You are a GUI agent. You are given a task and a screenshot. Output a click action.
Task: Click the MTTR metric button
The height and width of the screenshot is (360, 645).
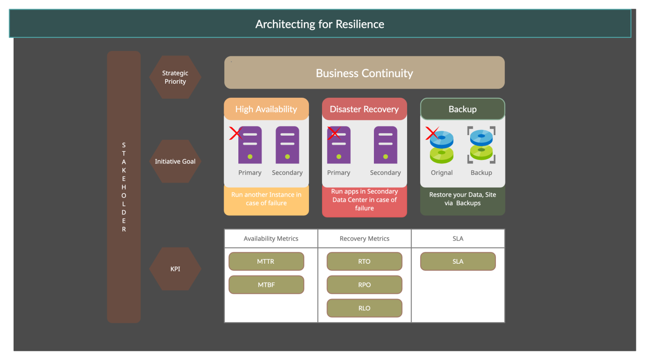point(266,262)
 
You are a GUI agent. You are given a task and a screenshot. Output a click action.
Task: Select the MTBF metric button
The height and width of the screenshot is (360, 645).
point(266,285)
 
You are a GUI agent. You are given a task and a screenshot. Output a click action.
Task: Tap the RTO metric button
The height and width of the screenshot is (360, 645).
point(364,262)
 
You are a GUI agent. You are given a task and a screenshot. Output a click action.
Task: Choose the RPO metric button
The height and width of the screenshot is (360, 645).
point(364,285)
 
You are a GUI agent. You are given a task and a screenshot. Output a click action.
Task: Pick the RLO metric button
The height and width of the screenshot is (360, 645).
point(364,308)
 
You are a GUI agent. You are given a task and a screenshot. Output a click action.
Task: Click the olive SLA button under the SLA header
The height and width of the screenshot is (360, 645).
point(458,262)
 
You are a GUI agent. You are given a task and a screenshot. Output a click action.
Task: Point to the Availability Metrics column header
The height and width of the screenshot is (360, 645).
point(271,238)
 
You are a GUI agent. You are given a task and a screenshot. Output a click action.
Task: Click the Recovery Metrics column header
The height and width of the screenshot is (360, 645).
point(364,238)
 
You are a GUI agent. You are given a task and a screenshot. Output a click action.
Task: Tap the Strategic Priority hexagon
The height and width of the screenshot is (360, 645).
point(175,77)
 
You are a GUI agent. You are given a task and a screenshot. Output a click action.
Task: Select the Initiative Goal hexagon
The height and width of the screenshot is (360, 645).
point(175,161)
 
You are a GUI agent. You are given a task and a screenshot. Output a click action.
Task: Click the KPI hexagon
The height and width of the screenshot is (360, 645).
point(175,269)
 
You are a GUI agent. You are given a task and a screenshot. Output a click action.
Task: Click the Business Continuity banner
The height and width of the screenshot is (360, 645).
point(364,73)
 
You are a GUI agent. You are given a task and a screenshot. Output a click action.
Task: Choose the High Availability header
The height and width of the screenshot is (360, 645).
point(266,109)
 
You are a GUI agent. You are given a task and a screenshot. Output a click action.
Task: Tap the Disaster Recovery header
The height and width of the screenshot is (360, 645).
point(364,109)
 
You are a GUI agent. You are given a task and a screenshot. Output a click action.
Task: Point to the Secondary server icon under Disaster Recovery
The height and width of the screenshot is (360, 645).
point(385,145)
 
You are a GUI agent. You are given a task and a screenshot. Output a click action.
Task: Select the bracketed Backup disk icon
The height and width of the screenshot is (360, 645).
point(481,145)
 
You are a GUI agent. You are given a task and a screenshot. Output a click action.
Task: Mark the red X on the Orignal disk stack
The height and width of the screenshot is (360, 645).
point(432,134)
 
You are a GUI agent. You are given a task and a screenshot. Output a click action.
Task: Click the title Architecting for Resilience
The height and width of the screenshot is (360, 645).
point(319,24)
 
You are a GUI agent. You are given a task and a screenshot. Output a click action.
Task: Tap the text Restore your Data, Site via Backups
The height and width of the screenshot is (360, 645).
point(462,199)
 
